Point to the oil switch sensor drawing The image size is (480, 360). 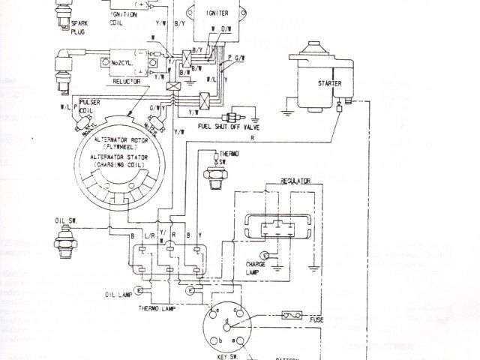[67, 242]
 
